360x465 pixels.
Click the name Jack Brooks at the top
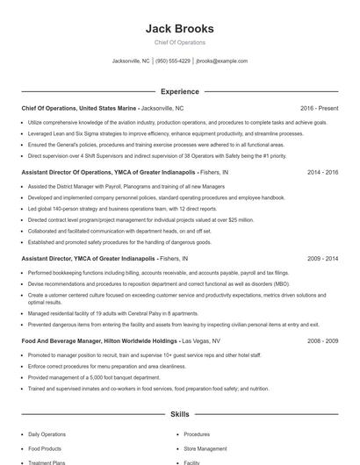pos(179,29)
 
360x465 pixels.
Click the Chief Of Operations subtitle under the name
pos(179,42)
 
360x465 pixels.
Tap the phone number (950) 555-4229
pos(174,61)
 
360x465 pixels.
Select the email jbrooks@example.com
pos(221,61)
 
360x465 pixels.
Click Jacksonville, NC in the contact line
pos(131,61)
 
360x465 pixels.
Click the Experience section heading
pos(179,91)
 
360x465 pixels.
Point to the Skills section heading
pos(179,413)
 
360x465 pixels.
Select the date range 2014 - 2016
pos(322,173)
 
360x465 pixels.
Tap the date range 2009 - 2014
pos(322,260)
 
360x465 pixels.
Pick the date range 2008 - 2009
pos(322,340)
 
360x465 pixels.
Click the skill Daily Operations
pos(47,434)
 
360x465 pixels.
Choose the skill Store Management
pos(205,448)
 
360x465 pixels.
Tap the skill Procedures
pos(197,434)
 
